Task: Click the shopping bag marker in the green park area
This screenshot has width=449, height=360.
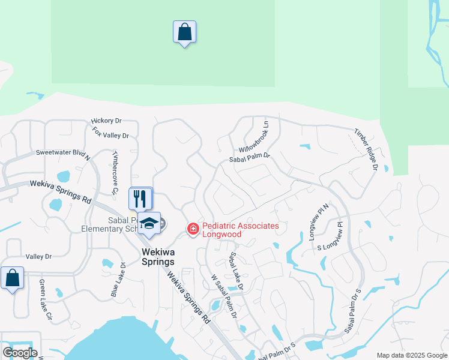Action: pos(184,32)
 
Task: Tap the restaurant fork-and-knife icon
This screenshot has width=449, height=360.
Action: pos(140,197)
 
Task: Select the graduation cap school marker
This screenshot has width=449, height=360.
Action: pos(149,224)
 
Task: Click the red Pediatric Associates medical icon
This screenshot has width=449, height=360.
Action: pos(193,229)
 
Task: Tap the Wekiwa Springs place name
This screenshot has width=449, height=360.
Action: pos(158,257)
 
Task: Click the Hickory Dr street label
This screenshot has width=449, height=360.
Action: pos(106,121)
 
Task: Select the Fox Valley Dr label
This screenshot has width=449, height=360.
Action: pos(110,136)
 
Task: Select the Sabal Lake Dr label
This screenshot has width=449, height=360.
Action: pos(235,271)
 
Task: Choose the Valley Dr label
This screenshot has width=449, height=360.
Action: pos(39,257)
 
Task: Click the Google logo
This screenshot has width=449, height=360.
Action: pos(20,352)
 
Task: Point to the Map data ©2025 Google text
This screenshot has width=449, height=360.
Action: pos(412,355)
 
